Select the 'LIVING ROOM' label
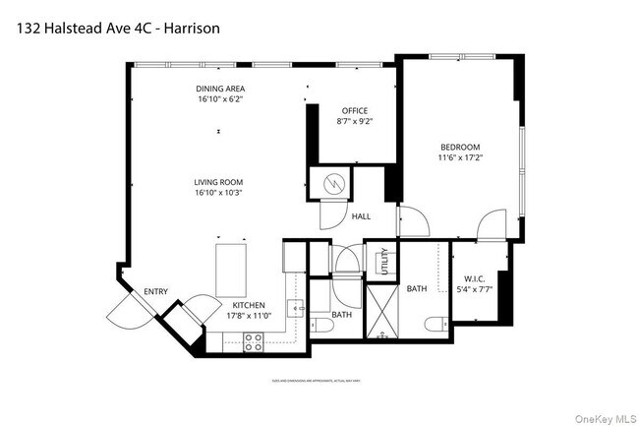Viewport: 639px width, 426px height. tap(218, 182)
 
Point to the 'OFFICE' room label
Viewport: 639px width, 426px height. tap(355, 110)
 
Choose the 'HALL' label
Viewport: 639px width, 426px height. tap(361, 215)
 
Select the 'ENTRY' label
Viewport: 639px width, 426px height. tap(155, 291)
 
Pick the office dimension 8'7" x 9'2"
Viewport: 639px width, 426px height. tap(355, 122)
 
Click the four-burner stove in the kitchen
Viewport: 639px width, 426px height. tap(252, 342)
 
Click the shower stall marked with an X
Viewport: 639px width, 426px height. tap(378, 313)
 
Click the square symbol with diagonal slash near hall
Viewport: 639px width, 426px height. tap(331, 183)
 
